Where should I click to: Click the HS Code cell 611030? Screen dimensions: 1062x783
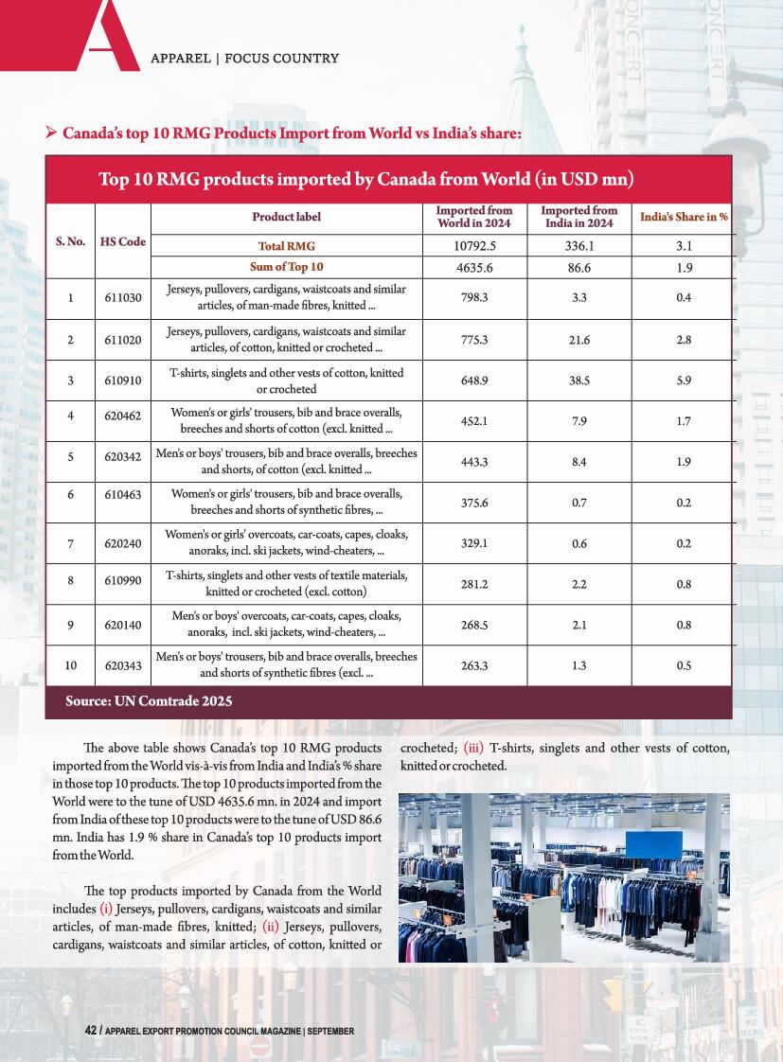123,298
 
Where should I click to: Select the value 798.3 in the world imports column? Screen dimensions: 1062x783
473,298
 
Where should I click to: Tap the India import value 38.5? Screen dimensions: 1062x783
578,381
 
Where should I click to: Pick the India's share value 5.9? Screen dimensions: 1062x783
684,381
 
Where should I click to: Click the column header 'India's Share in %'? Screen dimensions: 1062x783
684,217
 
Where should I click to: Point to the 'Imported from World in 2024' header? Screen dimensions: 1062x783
473,217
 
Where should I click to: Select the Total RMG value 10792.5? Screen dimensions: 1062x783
473,246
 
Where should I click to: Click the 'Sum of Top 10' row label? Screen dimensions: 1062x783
286,267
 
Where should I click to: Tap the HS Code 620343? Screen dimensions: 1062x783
123,666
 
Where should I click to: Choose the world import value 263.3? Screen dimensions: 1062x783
473,666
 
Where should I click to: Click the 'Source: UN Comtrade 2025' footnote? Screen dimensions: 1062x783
149,701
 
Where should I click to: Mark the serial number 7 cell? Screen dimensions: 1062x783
71,543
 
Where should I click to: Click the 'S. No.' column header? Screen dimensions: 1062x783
71,241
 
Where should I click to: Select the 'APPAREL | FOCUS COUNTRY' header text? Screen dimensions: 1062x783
245,58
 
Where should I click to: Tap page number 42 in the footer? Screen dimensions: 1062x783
91,1031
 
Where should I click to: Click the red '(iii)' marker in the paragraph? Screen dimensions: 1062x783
474,749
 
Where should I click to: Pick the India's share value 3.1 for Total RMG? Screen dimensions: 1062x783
684,246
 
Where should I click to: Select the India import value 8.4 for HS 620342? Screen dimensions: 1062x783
578,462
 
